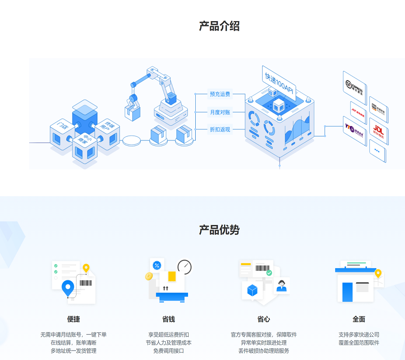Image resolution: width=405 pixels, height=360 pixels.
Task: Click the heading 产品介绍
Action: (219, 26)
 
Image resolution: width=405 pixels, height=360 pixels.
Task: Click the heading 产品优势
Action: (219, 230)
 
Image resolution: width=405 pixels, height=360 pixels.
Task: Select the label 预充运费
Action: (220, 94)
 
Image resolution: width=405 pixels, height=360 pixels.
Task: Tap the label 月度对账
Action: (220, 112)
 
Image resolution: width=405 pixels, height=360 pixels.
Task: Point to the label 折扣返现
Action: (220, 130)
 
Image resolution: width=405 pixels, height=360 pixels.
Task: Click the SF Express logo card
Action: (355, 87)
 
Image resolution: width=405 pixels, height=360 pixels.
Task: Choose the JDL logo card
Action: (378, 131)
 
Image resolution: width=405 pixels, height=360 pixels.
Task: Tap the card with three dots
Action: (377, 151)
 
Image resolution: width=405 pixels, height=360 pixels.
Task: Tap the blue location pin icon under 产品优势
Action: (68, 288)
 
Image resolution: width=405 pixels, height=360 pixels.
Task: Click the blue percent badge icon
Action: (157, 265)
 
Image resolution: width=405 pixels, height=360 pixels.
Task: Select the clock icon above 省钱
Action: (184, 267)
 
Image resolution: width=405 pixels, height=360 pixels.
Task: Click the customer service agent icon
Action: (282, 285)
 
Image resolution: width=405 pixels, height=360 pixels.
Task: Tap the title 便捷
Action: (73, 319)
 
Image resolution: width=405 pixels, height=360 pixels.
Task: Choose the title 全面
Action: (359, 319)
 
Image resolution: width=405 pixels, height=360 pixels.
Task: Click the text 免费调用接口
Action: (168, 351)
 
